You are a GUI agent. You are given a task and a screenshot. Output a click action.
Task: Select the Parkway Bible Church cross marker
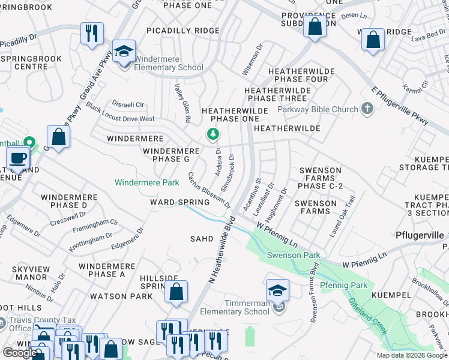point(367,109)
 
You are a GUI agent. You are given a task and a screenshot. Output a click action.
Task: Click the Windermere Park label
point(146,182)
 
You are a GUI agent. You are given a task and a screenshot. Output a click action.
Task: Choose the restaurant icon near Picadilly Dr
point(92,34)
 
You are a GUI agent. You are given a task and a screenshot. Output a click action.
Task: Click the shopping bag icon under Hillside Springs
point(176,293)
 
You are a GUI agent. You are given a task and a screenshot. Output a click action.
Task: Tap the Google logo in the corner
point(20,353)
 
